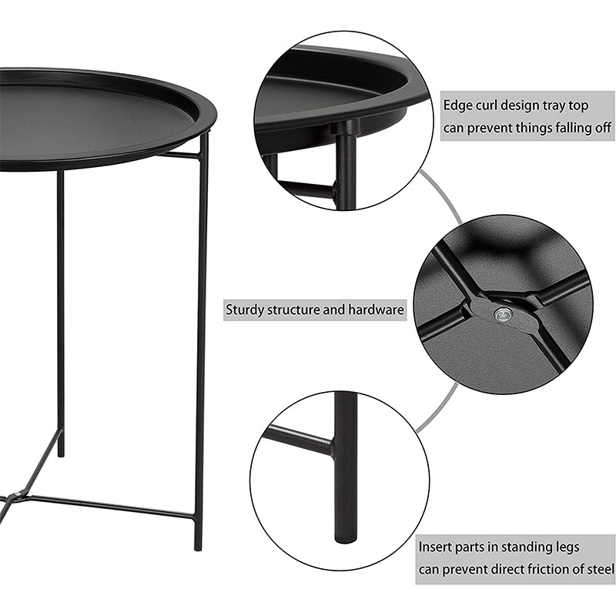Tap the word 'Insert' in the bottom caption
[x=434, y=547]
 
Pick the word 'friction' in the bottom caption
[x=544, y=569]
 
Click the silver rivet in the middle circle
[x=501, y=315]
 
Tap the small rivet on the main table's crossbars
[x=17, y=494]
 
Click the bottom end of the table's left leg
[x=61, y=454]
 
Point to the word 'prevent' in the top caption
[x=489, y=129]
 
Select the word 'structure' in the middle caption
[x=293, y=310]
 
